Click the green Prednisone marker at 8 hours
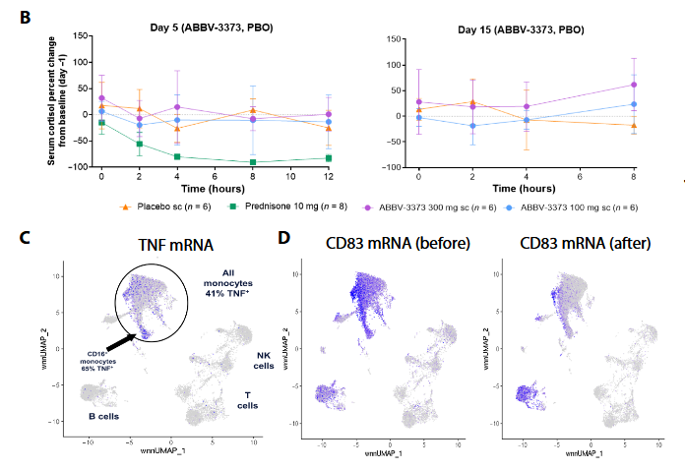pos(253,162)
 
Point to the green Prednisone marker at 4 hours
pos(177,156)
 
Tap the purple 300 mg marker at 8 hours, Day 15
pos(633,85)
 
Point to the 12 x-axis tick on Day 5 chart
pos(329,178)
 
